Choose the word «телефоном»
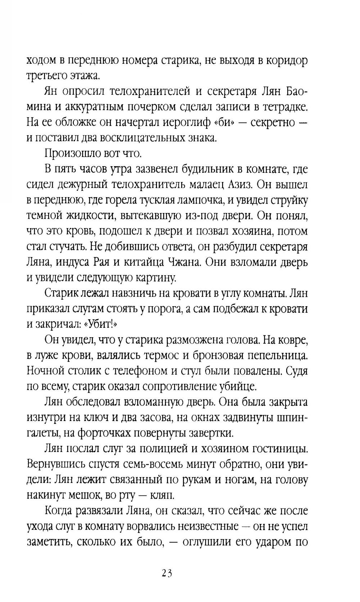tap(141, 371)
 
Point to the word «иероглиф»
tap(182, 122)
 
